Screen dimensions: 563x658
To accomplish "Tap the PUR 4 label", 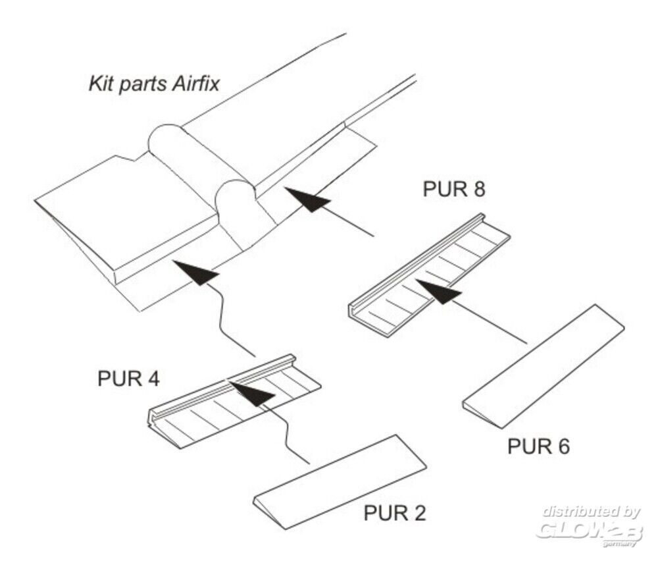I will (129, 380).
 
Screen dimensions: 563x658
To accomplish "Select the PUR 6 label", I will (538, 446).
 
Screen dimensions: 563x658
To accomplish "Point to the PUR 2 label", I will (394, 513).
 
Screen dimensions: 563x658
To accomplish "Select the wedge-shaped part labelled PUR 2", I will (340, 481).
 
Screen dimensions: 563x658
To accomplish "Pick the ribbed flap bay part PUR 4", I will (234, 402).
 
